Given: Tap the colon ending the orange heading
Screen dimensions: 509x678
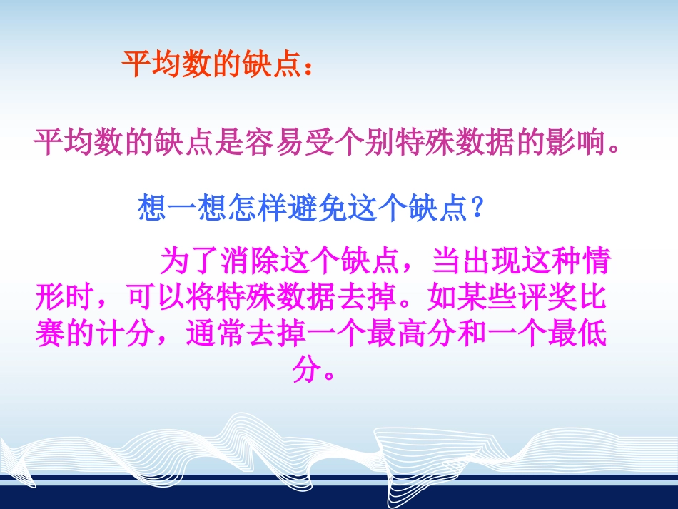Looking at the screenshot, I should tap(308, 68).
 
